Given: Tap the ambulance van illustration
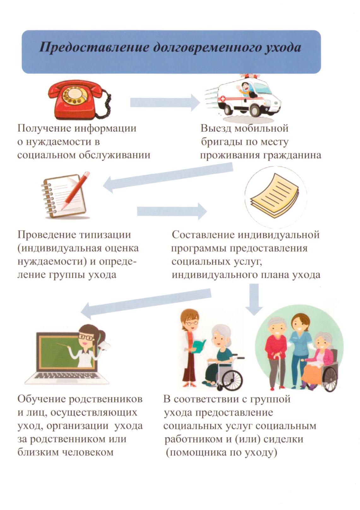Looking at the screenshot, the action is coord(243,98).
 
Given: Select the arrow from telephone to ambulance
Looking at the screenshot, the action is coord(165,102).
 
